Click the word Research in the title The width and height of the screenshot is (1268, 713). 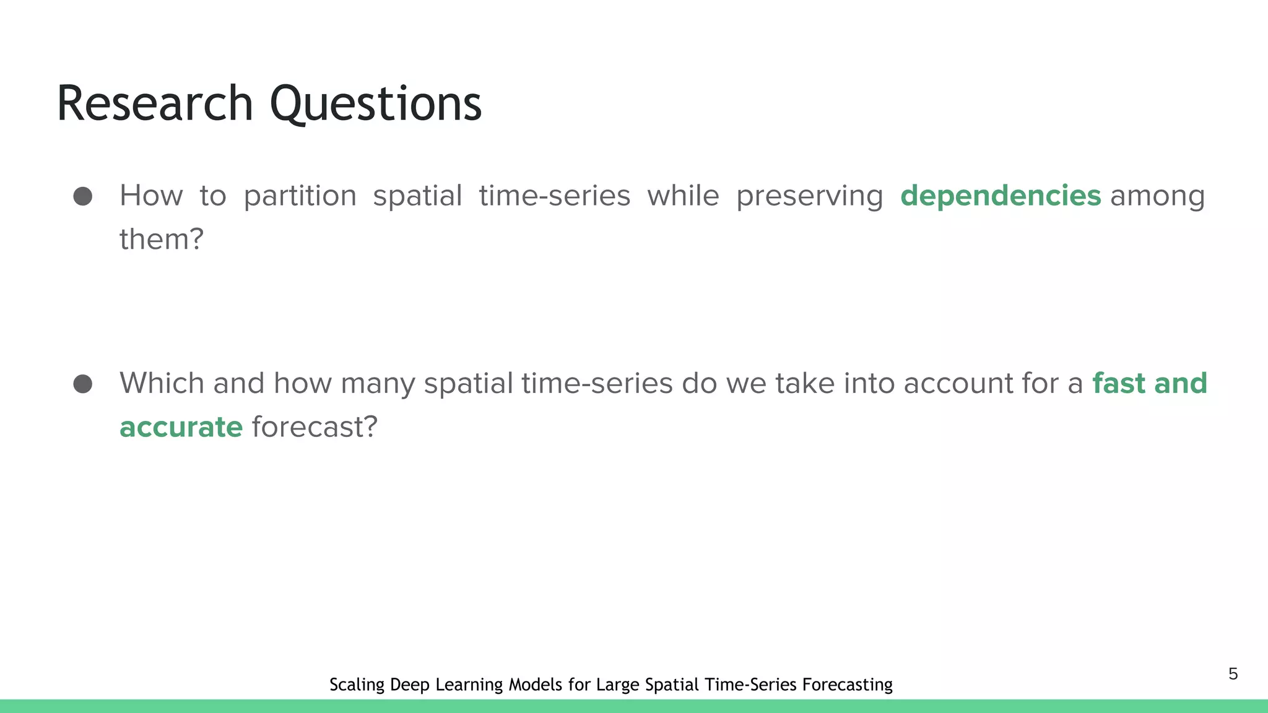155,103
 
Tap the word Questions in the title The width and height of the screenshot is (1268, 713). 375,103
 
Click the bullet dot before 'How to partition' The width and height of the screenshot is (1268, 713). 83,196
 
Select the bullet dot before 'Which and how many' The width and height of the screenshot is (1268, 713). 83,384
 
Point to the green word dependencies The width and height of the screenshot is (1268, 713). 1001,196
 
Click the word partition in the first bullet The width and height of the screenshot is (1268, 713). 300,196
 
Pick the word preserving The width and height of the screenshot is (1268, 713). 809,196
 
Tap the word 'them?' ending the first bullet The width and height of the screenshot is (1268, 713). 162,240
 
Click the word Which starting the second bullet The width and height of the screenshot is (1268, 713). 162,384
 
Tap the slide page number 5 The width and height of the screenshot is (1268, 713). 1233,674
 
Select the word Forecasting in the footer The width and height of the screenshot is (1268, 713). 847,685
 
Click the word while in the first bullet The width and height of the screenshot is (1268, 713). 683,196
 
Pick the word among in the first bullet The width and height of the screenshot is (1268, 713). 1157,196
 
